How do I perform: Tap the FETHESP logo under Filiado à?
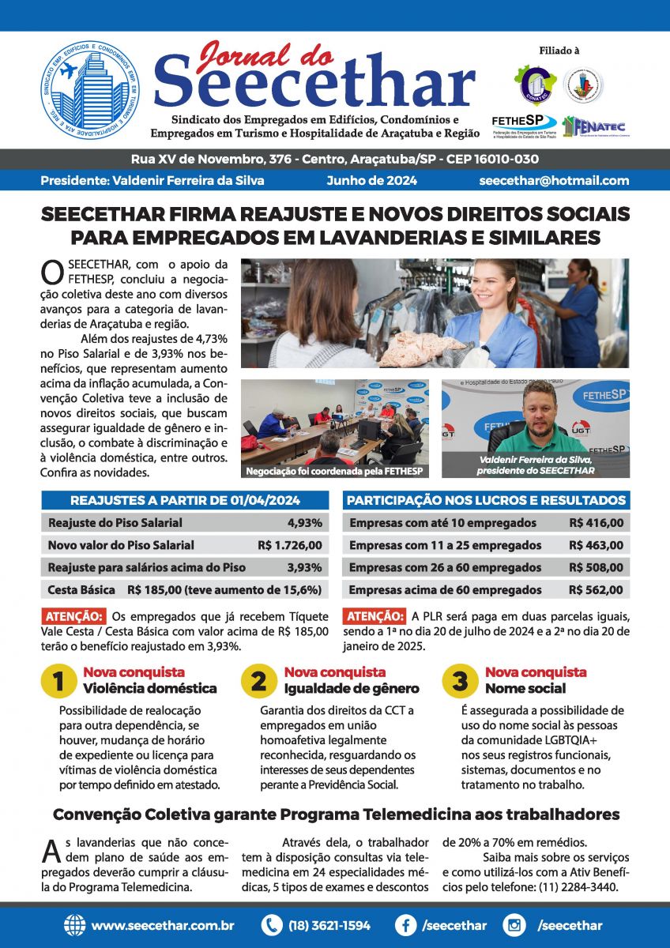(524, 125)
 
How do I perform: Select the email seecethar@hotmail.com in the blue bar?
(554, 180)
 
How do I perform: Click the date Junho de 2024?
(371, 180)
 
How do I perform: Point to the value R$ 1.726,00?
(289, 545)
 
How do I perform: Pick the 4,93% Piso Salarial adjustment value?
(304, 523)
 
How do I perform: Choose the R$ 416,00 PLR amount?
(596, 523)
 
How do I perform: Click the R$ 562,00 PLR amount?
(596, 589)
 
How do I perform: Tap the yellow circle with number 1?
(58, 682)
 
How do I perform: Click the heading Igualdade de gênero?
(352, 688)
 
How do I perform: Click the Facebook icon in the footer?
(405, 925)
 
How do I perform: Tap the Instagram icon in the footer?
(514, 925)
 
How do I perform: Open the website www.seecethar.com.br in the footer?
(162, 925)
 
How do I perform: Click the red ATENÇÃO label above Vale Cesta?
(73, 616)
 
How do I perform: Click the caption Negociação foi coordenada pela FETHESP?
(335, 471)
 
